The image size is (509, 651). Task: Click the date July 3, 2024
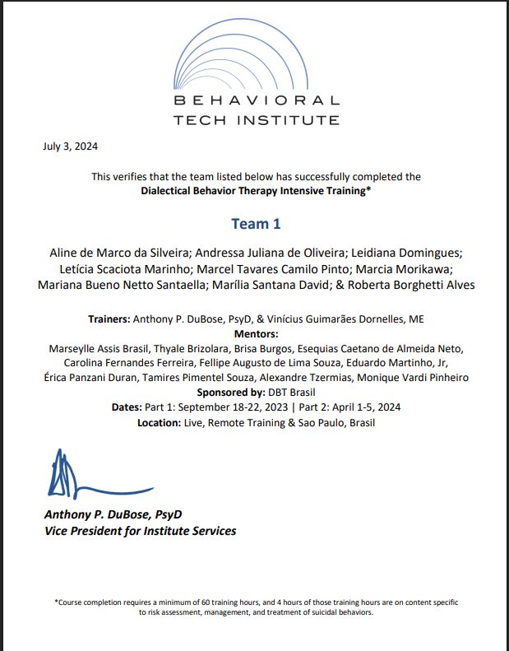click(70, 147)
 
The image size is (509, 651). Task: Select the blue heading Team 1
click(256, 224)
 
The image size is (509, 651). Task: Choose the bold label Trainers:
click(111, 319)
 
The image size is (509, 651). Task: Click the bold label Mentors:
click(256, 334)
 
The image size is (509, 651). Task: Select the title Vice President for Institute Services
click(140, 531)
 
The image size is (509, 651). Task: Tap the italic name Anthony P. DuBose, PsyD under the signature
click(113, 514)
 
